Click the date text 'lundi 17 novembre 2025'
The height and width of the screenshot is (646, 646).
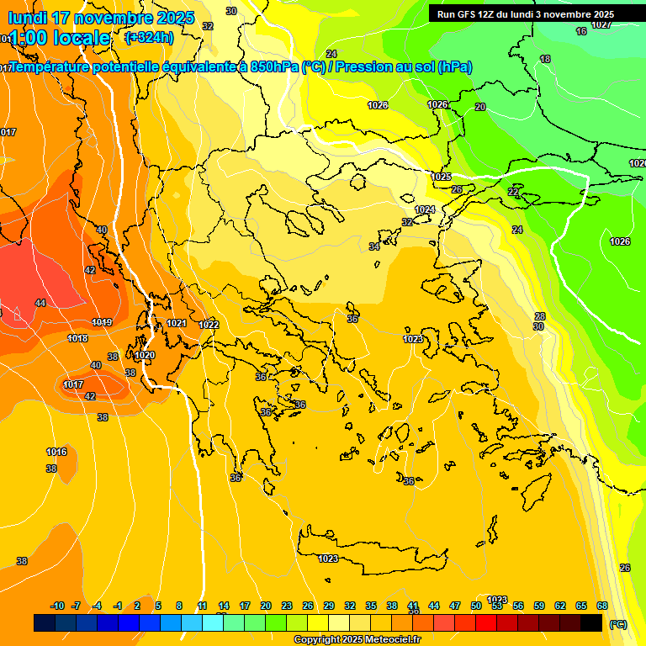101,18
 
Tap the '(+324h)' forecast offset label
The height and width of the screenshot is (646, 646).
149,37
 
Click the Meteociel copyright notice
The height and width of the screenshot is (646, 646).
357,640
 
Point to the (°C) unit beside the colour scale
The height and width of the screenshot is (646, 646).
617,623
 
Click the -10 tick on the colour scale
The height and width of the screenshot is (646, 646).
57,606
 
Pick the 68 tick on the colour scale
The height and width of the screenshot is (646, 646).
602,606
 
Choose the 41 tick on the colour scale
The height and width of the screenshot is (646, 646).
413,606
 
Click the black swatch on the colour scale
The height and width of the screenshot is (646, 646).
591,622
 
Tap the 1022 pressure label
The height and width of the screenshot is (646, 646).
209,325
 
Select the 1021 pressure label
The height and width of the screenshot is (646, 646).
176,323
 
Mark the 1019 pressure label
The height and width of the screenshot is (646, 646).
102,322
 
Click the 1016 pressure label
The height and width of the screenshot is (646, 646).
56,452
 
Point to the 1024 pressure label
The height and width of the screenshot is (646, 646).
425,209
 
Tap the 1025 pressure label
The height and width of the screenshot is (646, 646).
442,177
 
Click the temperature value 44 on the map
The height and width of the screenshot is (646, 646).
40,303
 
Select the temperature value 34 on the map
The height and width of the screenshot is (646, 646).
374,246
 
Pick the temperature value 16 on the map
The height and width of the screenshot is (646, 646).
581,31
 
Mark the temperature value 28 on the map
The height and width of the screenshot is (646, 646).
540,316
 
